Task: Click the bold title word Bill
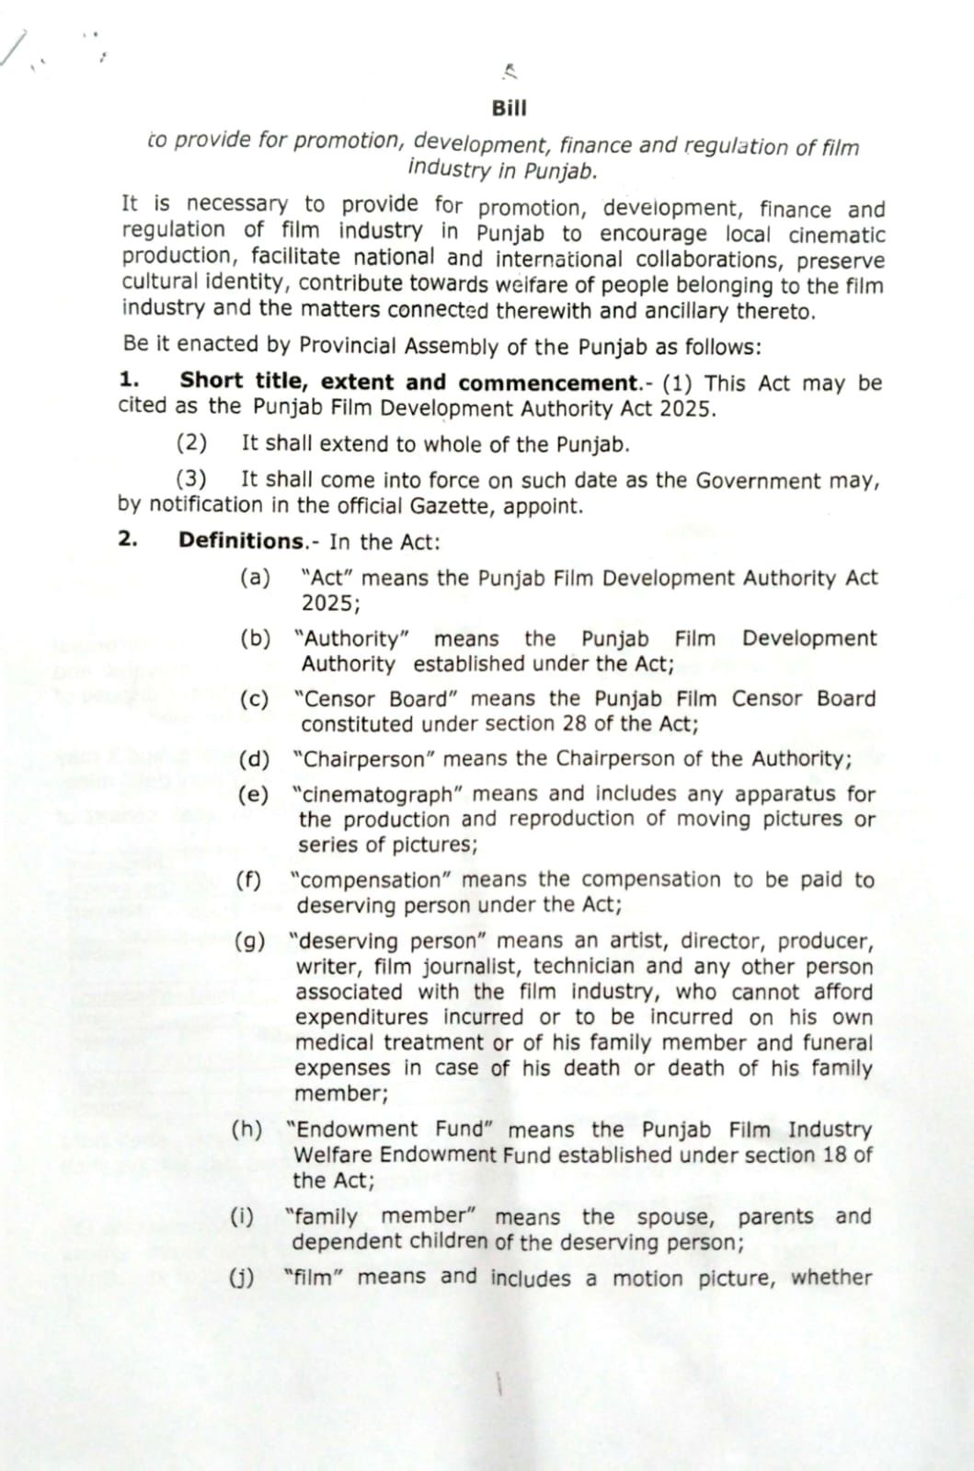click(x=509, y=109)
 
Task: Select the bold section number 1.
click(x=129, y=380)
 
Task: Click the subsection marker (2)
click(x=191, y=443)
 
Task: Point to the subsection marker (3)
click(x=191, y=479)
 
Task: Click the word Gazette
click(x=453, y=506)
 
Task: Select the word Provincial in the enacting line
click(x=349, y=346)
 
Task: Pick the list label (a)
click(x=255, y=578)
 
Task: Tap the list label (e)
click(x=253, y=794)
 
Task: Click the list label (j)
click(x=242, y=1277)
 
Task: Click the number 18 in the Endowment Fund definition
click(x=834, y=1155)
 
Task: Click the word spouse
click(x=673, y=1217)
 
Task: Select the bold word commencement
click(x=548, y=383)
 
